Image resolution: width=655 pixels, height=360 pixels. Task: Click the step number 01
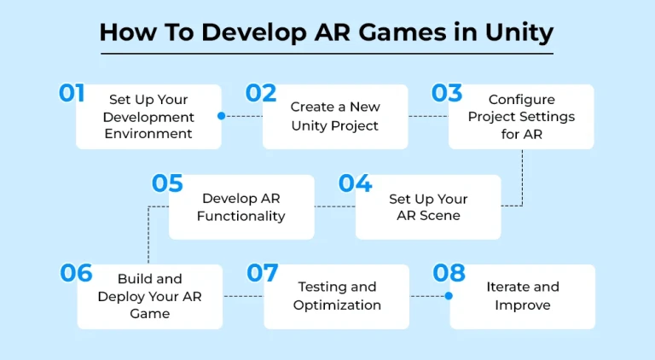(72, 93)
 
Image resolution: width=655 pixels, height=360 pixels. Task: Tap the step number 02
(261, 93)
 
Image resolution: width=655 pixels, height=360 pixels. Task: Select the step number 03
(447, 93)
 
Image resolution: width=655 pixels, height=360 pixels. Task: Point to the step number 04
(355, 183)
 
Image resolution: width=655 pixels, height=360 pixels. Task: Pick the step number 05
(167, 183)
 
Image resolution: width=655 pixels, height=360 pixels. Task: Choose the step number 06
(76, 273)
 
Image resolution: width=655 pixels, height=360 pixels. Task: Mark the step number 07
(263, 273)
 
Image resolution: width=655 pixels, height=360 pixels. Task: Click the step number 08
(449, 273)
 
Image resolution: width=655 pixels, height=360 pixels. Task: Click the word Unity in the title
(519, 32)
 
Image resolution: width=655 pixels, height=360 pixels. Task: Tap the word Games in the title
(403, 32)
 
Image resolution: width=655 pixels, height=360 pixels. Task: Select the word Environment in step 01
(148, 134)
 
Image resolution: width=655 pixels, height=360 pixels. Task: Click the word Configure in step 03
(522, 100)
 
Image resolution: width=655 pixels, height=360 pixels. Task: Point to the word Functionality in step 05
(241, 216)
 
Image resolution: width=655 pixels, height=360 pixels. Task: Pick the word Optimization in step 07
(337, 305)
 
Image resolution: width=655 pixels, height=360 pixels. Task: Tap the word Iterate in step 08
(504, 287)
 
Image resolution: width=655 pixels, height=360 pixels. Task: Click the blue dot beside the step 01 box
(222, 116)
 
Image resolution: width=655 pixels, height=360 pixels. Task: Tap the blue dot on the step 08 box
(449, 296)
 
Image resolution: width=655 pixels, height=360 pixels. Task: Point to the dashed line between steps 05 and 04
(335, 206)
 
